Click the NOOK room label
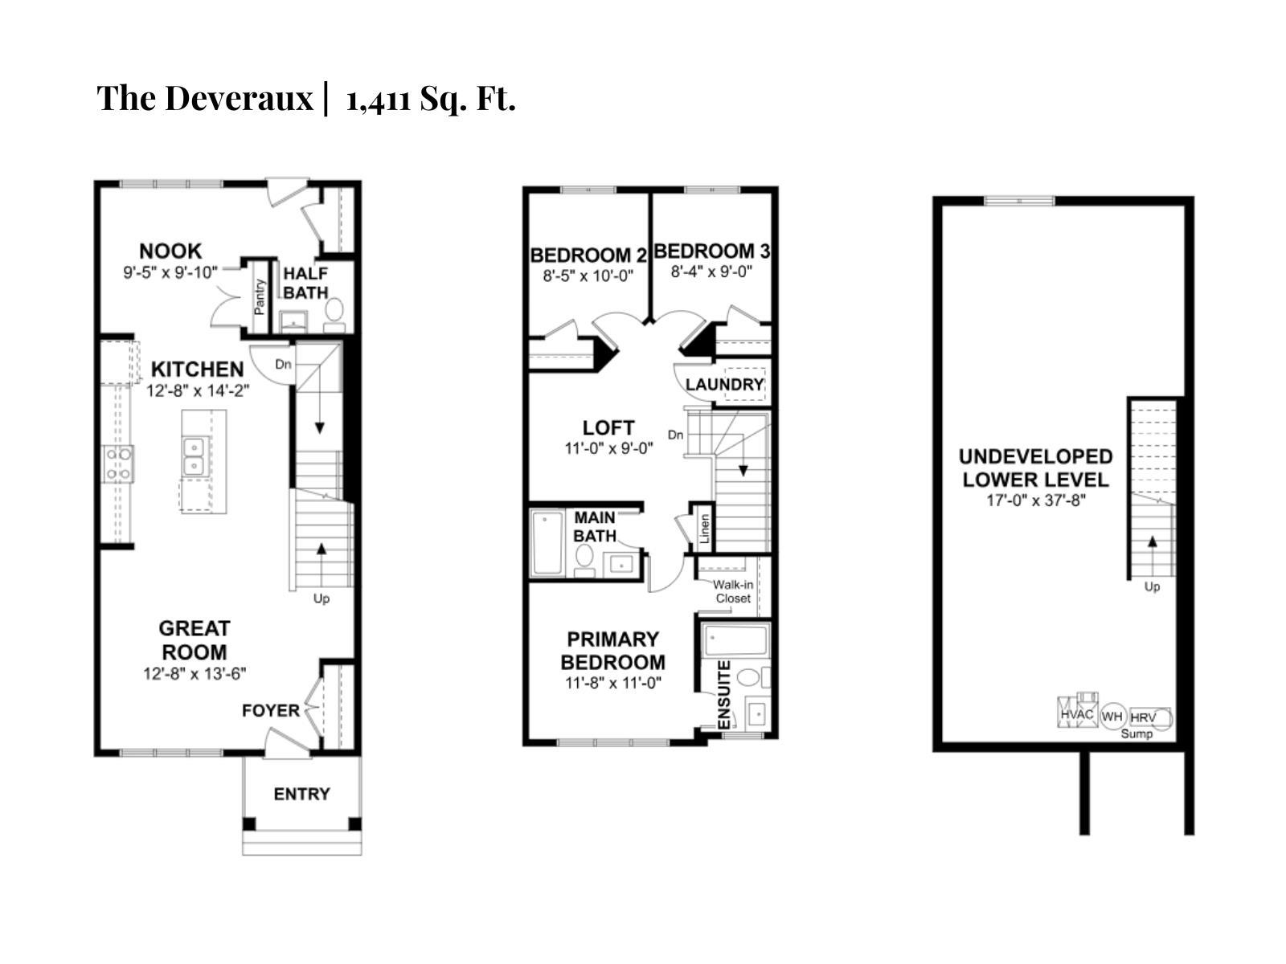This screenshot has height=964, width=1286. [x=170, y=251]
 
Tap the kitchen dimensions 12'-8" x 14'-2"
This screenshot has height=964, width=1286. [x=198, y=391]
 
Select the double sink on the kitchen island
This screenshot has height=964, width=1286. [x=193, y=457]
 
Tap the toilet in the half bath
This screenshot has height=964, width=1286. [x=334, y=312]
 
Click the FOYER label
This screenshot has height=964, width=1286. [x=271, y=710]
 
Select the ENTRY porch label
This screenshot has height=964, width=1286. [x=301, y=794]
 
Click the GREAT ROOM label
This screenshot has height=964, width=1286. [x=194, y=639]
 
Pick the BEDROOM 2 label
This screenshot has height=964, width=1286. [x=588, y=255]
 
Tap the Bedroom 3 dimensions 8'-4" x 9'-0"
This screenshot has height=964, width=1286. [x=711, y=272]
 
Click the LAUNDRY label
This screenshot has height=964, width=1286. [x=723, y=384]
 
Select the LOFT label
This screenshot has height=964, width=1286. [x=608, y=427]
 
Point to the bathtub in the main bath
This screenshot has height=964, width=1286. [x=547, y=543]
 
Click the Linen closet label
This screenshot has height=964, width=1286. [x=705, y=529]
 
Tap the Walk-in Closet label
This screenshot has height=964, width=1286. [x=733, y=591]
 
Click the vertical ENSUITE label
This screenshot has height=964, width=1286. [x=723, y=695]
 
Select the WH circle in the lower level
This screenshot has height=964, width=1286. [x=1112, y=716]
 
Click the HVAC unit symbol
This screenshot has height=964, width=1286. [x=1077, y=713]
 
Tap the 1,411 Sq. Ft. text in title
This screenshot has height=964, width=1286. [x=431, y=100]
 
